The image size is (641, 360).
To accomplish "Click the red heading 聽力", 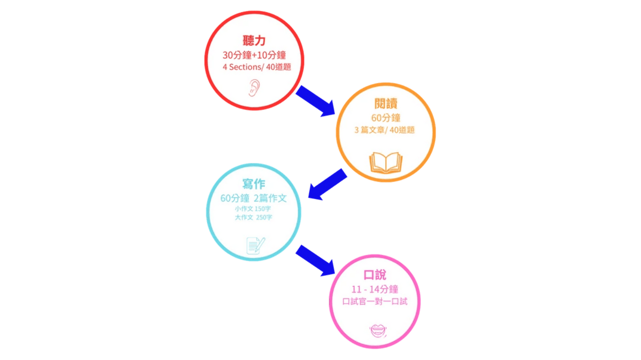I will click(x=254, y=41).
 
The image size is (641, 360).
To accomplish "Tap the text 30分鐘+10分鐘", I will click(x=254, y=54).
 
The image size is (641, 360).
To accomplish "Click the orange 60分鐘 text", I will click(x=386, y=117).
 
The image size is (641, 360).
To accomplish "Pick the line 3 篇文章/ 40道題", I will click(x=385, y=130).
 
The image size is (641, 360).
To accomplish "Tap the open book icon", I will click(x=385, y=162).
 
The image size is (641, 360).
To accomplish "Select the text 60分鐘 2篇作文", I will click(x=254, y=198).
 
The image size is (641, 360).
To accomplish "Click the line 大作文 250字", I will click(x=253, y=217).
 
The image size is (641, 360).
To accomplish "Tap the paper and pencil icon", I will click(x=255, y=245).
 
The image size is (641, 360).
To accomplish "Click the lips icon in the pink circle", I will click(x=377, y=330).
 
